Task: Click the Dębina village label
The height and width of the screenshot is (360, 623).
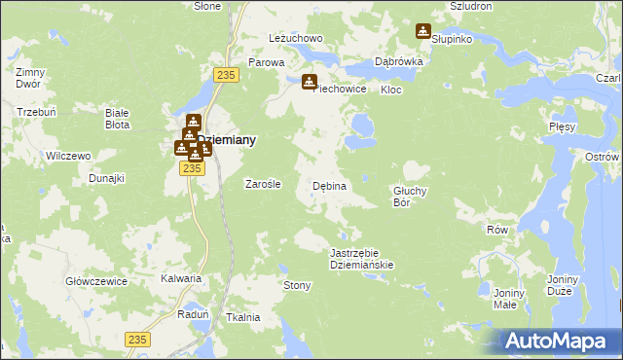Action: click(329, 186)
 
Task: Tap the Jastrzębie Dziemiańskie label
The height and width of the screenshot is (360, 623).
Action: click(361, 258)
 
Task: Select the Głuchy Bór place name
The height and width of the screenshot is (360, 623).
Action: click(410, 197)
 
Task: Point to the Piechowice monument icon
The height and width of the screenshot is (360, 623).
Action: click(310, 82)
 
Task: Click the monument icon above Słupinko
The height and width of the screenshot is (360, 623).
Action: click(422, 31)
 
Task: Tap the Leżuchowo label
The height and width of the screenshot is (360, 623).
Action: click(295, 39)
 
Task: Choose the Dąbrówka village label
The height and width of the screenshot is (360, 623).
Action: click(398, 61)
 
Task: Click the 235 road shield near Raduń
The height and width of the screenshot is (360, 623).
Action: click(137, 338)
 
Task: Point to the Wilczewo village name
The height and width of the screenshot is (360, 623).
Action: click(68, 156)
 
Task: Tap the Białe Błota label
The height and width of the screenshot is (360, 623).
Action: click(118, 119)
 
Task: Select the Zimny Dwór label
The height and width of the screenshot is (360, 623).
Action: click(31, 79)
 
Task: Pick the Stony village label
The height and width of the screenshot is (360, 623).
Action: click(296, 285)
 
